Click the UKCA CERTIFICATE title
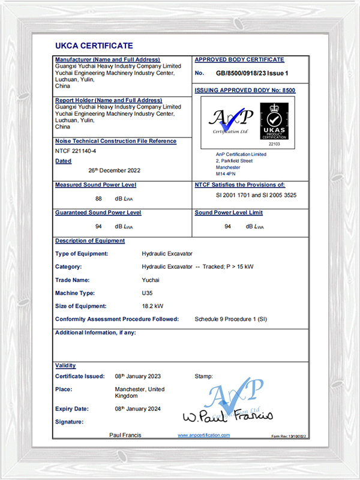[x=94, y=46]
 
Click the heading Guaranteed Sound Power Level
[x=98, y=212]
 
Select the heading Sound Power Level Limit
[x=229, y=212]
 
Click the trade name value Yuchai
[x=151, y=280]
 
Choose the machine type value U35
[x=147, y=293]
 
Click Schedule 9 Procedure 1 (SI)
[x=231, y=319]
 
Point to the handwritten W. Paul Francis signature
[x=227, y=416]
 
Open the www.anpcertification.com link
[x=204, y=435]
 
